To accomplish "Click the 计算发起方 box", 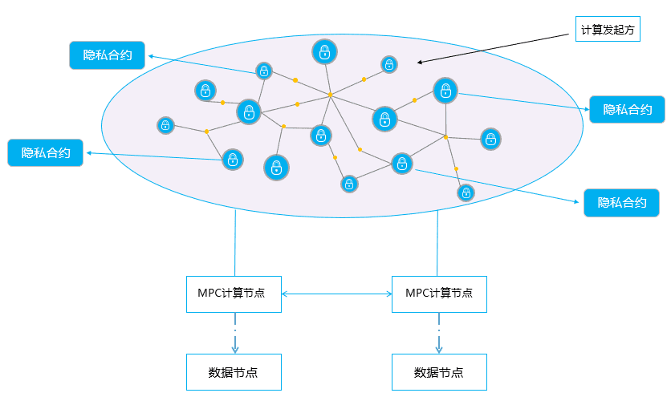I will [x=608, y=30].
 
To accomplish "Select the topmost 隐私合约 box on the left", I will [x=107, y=55].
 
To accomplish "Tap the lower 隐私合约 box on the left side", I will [x=46, y=152].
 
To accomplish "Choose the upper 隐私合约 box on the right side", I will [x=627, y=109].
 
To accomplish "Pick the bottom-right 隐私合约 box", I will [x=621, y=202].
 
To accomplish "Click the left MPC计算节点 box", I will [x=234, y=294].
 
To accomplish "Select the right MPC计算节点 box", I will [x=439, y=294].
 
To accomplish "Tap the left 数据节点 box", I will [x=234, y=372].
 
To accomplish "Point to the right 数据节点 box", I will [x=439, y=372].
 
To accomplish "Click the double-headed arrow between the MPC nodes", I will [x=337, y=294].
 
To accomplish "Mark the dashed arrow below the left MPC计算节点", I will [x=235, y=339].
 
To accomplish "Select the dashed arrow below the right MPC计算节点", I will [x=439, y=339].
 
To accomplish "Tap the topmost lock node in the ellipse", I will [x=324, y=53].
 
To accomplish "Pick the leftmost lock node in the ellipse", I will [x=165, y=125].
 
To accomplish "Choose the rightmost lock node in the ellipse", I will [x=491, y=139].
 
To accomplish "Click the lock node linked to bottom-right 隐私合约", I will [x=401, y=164].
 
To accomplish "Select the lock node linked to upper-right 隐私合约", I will [x=445, y=91].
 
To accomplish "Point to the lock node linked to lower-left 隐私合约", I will [x=232, y=159].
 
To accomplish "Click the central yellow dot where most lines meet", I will [x=330, y=95].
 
